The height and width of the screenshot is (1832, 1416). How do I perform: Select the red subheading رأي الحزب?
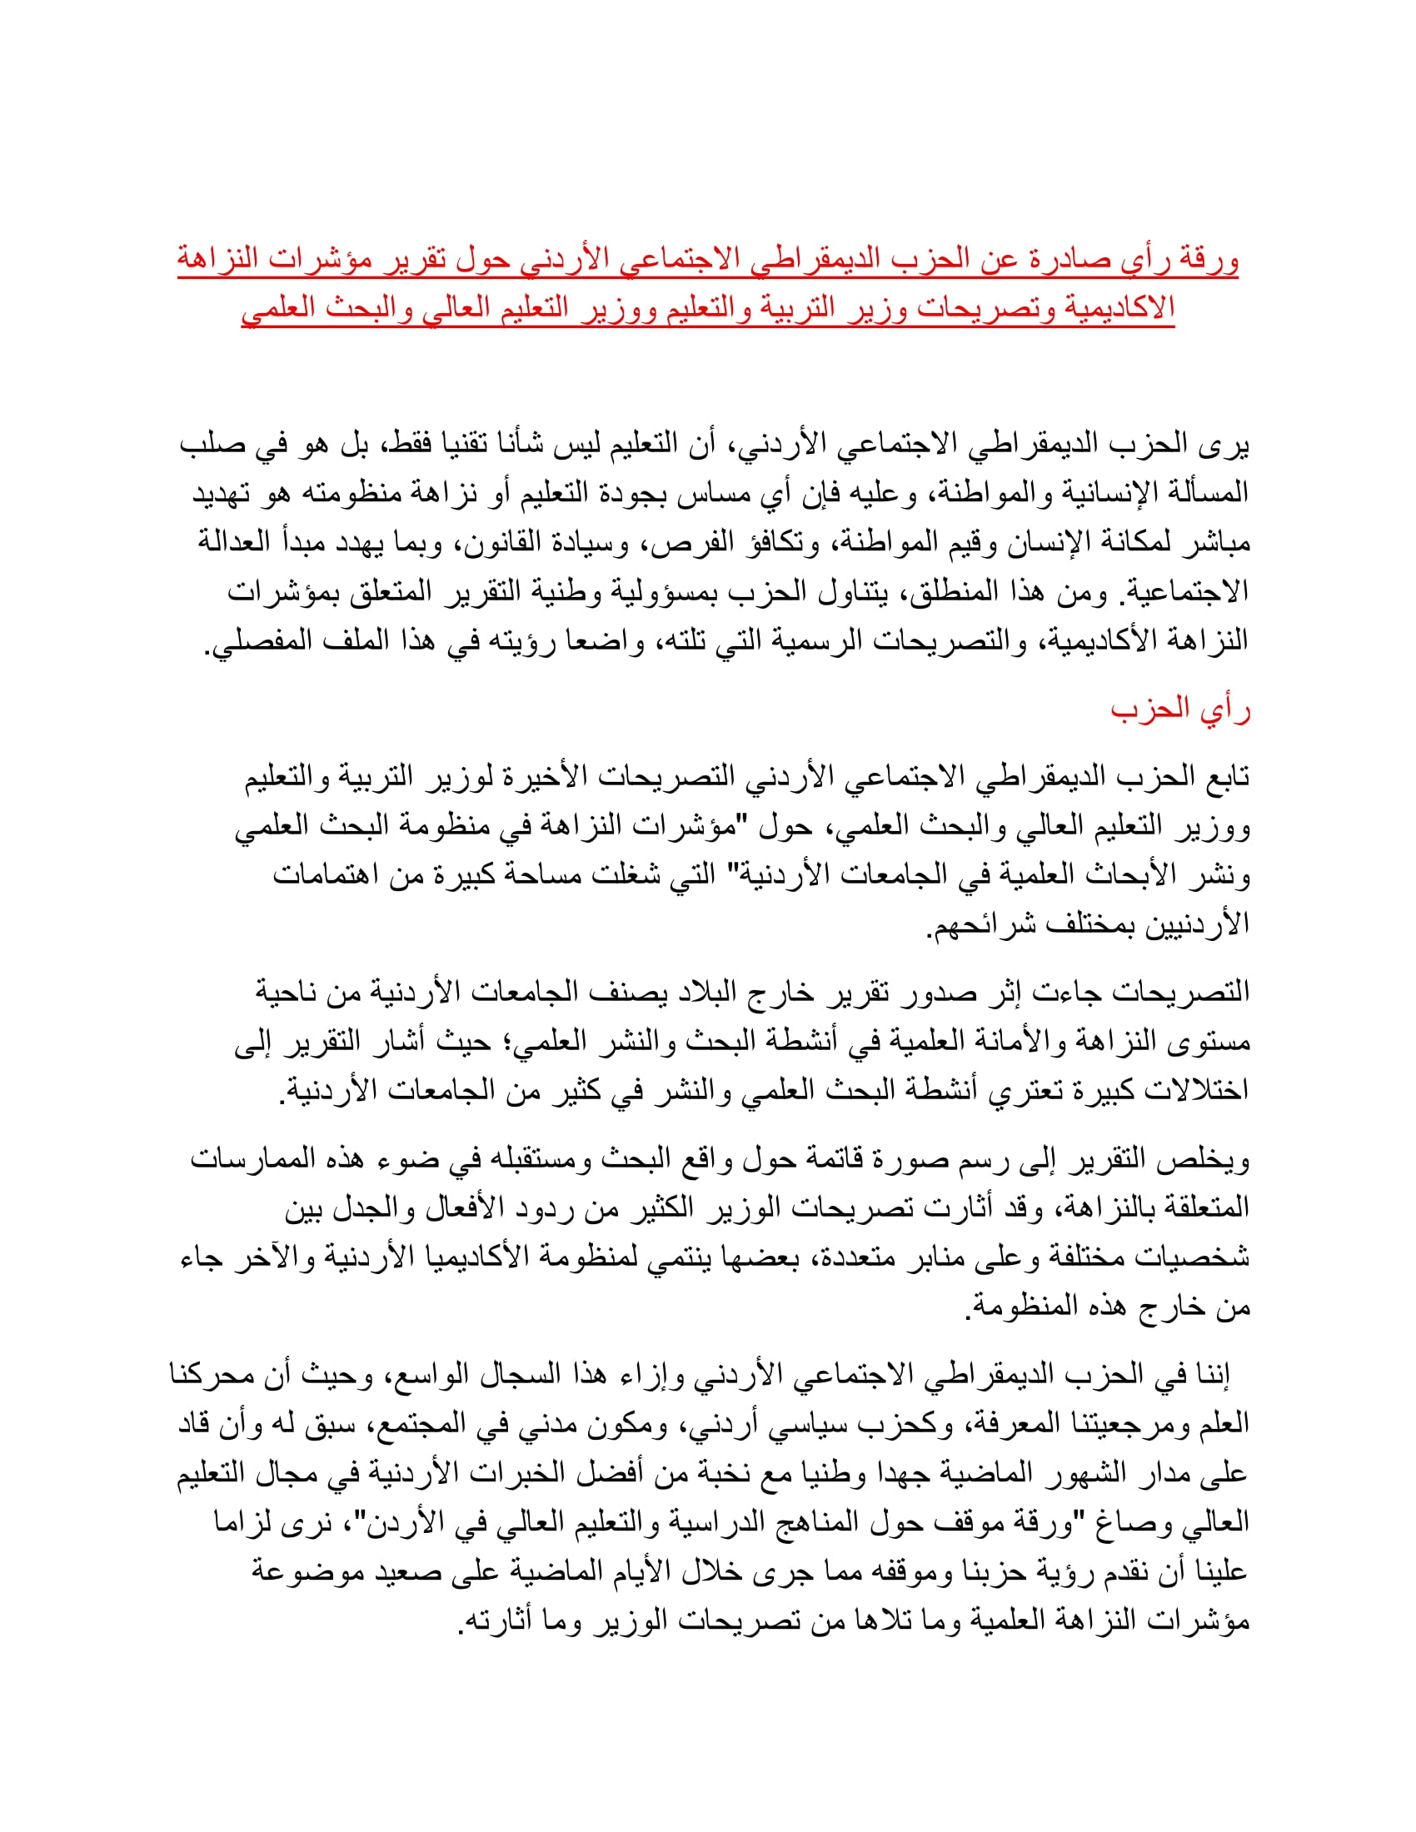click(1180, 709)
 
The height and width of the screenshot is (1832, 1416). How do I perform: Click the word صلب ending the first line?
click(213, 444)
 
